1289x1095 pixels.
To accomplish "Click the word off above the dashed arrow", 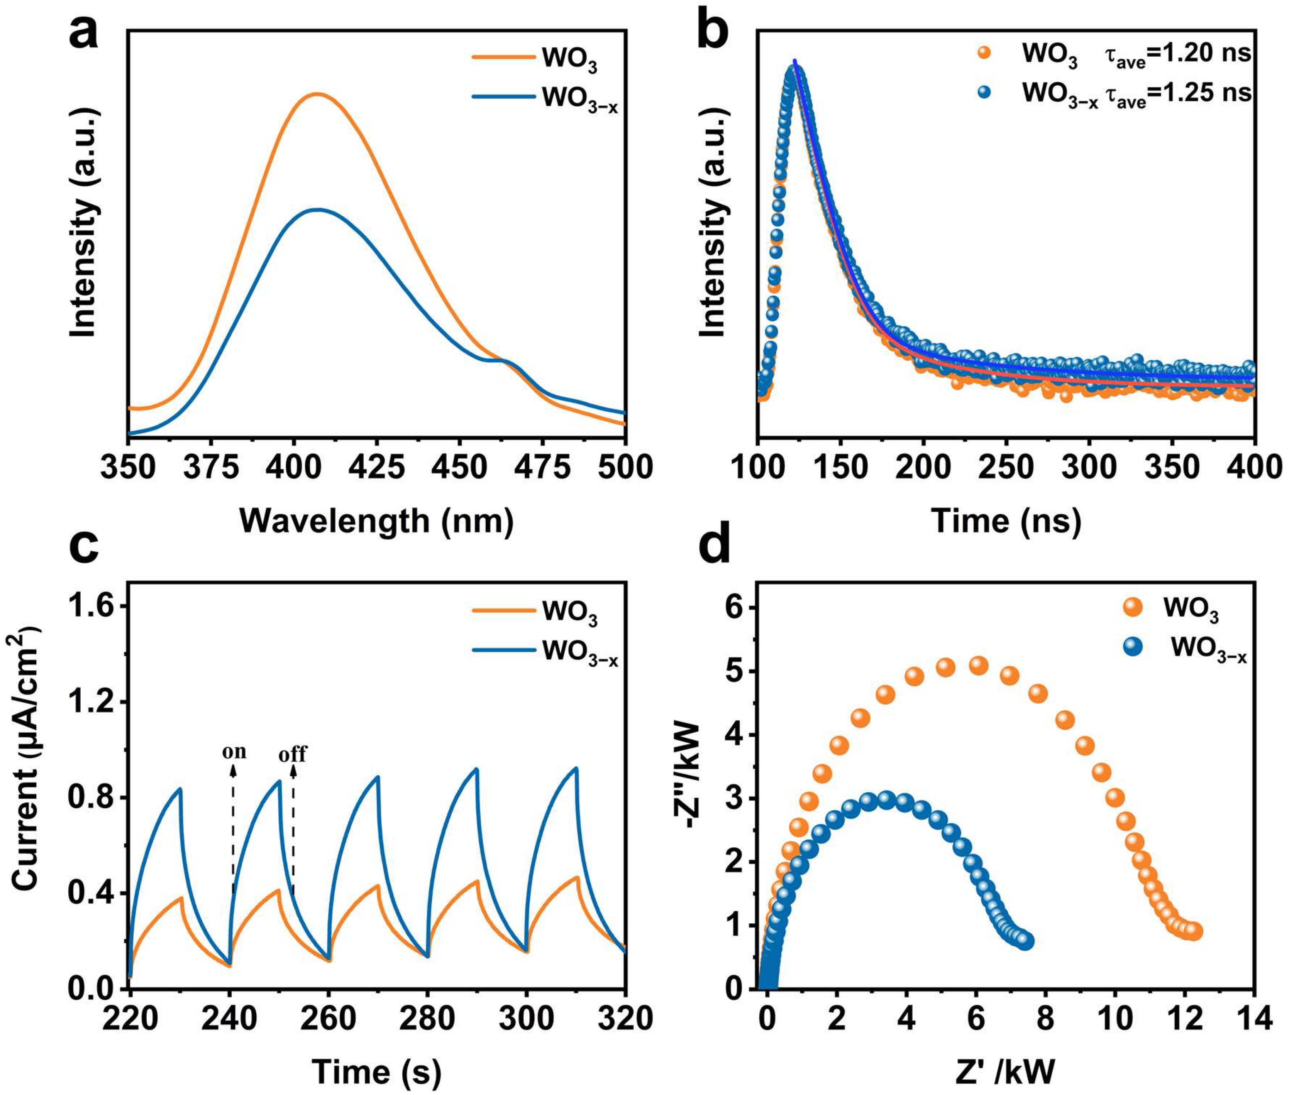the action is click(293, 754).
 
